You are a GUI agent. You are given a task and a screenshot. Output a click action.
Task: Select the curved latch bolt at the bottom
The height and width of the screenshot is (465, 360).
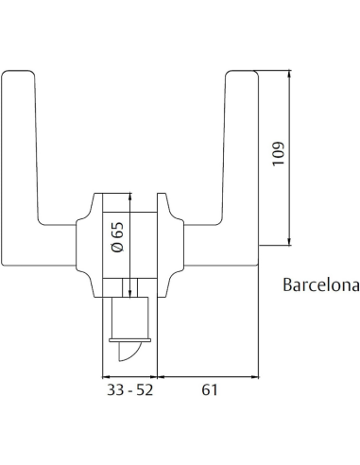130,354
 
